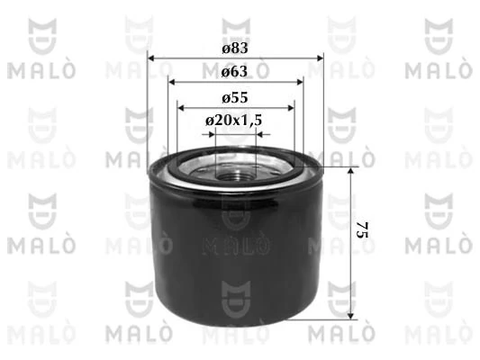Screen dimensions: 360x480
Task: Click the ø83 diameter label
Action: coord(235,47)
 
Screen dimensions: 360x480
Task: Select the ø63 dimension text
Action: coord(235,70)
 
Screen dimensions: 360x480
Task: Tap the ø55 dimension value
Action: coord(235,96)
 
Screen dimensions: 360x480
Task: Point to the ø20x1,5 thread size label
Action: coord(235,120)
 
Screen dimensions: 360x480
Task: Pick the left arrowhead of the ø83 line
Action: coord(151,58)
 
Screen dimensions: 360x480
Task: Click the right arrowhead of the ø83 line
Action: coord(320,58)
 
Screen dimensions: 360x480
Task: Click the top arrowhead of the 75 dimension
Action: coord(351,171)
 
